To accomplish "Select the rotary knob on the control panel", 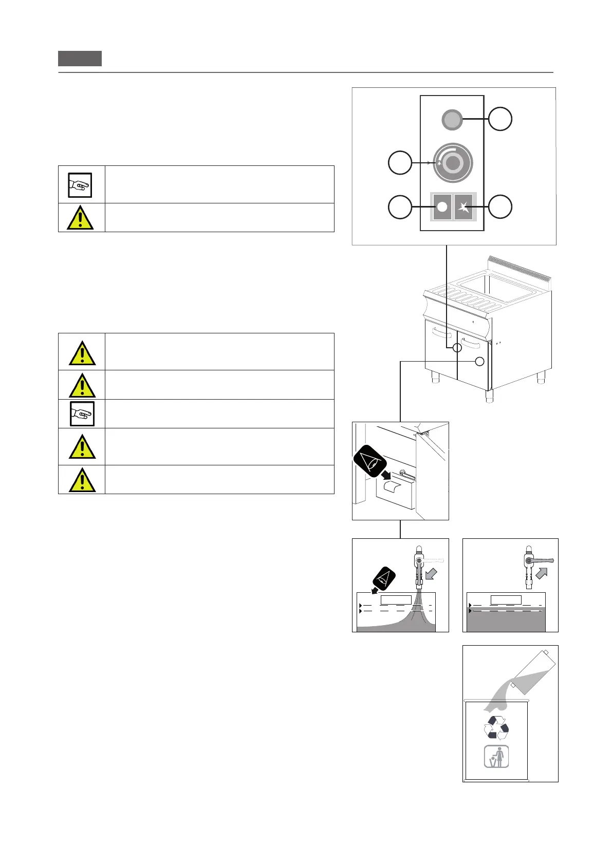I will [452, 163].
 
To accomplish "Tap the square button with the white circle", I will [442, 207].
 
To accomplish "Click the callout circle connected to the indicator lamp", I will [500, 119].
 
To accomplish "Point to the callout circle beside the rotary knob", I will [400, 163].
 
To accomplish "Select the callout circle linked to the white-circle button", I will [400, 207].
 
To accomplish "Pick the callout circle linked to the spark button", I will [500, 207].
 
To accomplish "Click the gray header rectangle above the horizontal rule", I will [80, 59].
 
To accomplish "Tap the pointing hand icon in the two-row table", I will [80, 185].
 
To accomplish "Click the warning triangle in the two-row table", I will [80, 218].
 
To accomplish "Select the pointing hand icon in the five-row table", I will [82, 414].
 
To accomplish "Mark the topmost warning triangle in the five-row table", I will [82, 353].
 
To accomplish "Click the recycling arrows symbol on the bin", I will [496, 728].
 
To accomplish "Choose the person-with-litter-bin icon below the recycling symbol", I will [496, 757].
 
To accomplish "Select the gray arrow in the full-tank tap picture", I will [542, 573].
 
